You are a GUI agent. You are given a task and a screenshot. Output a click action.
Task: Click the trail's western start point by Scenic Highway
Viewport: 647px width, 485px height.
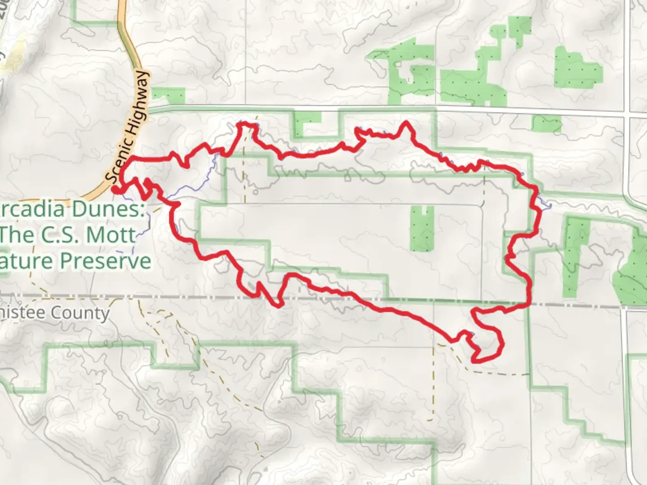[116, 190]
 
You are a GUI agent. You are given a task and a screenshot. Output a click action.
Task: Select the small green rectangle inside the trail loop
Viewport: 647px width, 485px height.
[422, 228]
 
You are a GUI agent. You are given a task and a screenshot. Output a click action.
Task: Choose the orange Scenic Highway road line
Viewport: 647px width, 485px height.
[130, 49]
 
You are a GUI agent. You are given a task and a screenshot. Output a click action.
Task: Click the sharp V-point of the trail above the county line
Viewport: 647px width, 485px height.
[279, 306]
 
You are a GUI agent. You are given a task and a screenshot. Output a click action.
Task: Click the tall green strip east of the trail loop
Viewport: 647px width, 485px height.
[576, 256]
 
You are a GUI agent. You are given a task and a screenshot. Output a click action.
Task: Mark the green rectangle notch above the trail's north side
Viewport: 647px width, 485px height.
[308, 123]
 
